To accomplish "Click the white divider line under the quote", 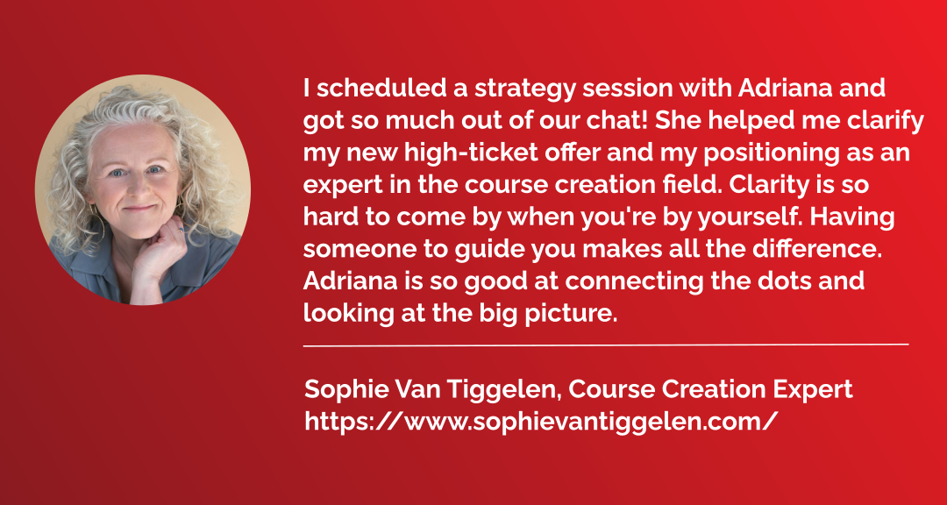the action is pos(606,345).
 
